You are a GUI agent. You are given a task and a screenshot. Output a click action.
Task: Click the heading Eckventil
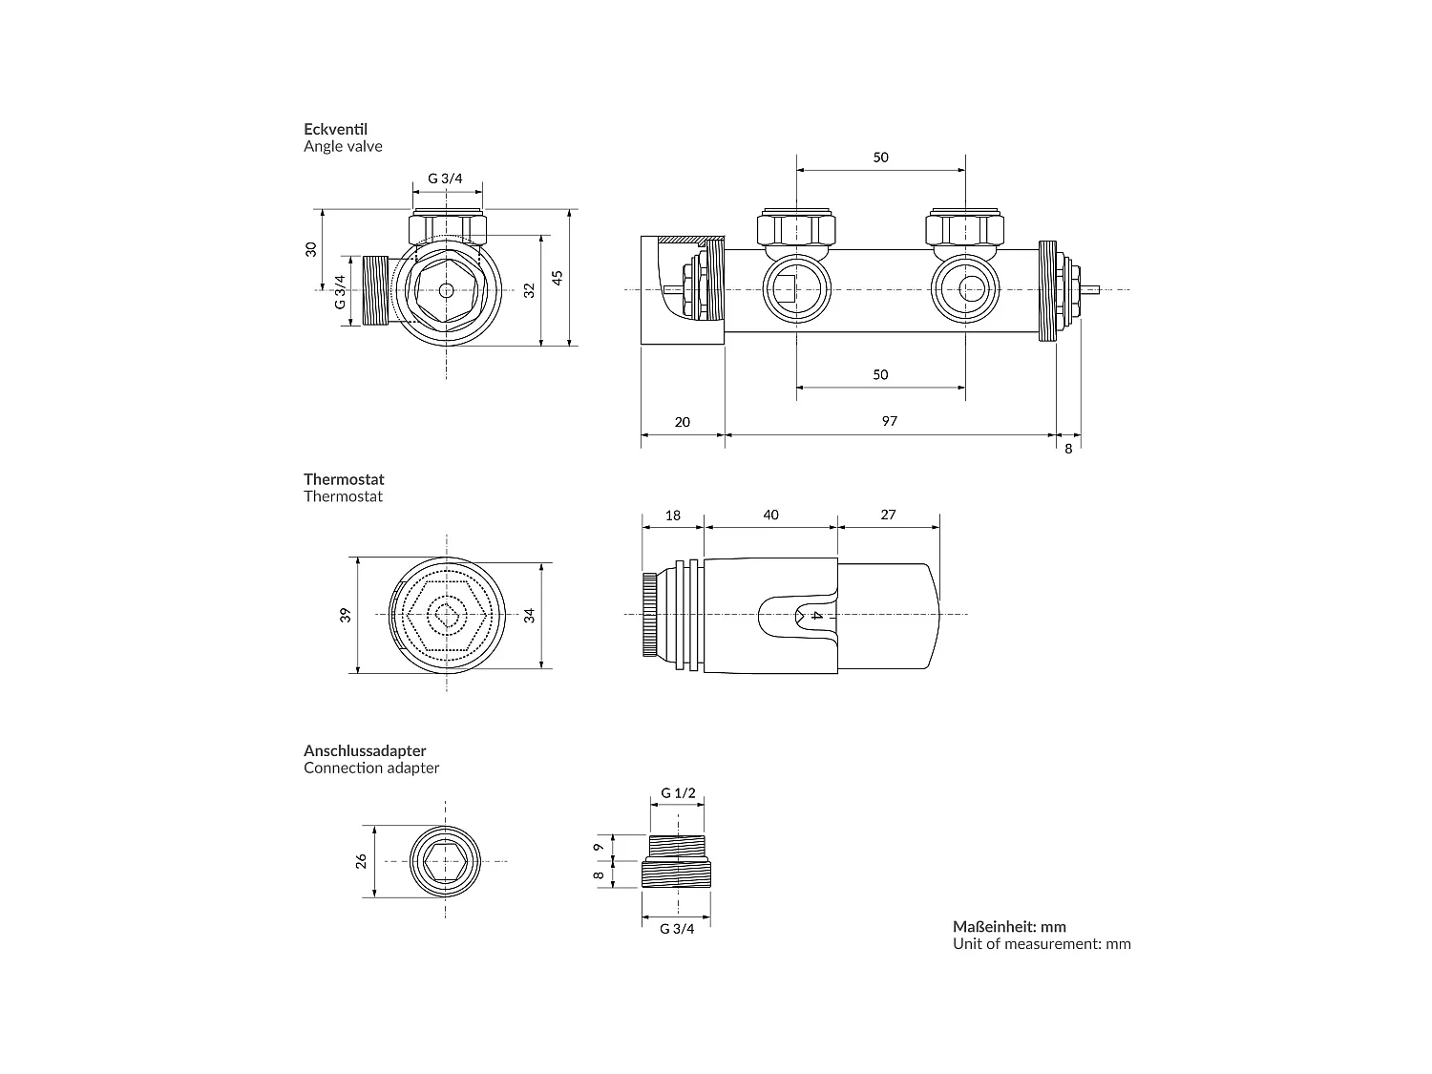335,129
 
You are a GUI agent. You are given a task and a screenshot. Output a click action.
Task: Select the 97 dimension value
889,421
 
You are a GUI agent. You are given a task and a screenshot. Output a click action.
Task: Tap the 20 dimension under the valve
682,422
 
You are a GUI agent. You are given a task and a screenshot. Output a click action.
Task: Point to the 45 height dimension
558,277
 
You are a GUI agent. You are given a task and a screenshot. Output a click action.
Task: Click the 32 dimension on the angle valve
530,288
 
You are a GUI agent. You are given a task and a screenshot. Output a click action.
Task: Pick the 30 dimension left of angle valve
310,249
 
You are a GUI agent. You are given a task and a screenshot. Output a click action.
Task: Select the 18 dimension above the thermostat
672,515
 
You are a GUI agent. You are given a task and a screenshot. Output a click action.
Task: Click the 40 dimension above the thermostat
770,515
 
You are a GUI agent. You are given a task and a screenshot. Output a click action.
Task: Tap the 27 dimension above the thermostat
888,515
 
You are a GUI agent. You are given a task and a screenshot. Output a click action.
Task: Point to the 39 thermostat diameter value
346,615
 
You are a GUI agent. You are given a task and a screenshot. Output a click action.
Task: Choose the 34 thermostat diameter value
530,615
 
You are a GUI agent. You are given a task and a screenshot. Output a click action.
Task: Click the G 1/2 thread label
678,793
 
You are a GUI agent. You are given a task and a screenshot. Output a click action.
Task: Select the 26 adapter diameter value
361,861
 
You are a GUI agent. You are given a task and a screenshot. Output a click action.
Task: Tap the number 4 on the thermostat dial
816,616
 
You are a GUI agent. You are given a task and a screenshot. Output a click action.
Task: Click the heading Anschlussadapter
365,750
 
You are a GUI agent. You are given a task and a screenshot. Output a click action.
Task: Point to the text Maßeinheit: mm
1009,926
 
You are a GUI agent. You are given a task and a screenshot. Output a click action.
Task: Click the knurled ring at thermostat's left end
648,614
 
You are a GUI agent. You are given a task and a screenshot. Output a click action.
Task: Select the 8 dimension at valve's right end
1068,449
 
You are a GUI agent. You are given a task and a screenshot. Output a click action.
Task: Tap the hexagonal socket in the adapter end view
446,862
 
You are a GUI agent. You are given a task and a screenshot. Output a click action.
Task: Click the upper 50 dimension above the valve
880,158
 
